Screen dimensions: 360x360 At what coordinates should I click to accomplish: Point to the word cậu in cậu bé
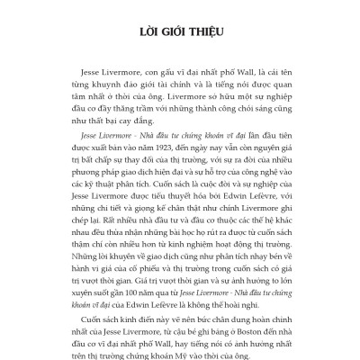pyautogui.click(x=177, y=330)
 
